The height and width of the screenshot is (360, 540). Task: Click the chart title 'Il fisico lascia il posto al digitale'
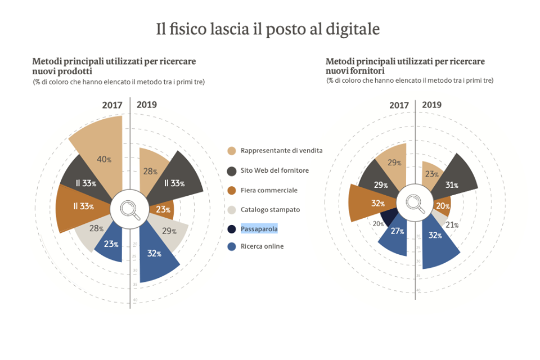268,29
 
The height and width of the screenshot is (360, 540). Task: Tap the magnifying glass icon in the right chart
416,204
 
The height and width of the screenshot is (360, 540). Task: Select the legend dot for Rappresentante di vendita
232,151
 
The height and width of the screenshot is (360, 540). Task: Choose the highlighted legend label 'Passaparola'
259,229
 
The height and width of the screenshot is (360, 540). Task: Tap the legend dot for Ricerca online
232,246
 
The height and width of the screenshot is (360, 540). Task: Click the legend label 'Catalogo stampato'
270,210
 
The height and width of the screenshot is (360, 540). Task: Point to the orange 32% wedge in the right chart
371,203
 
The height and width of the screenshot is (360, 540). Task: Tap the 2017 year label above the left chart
112,105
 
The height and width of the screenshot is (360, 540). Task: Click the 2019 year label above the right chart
431,105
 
